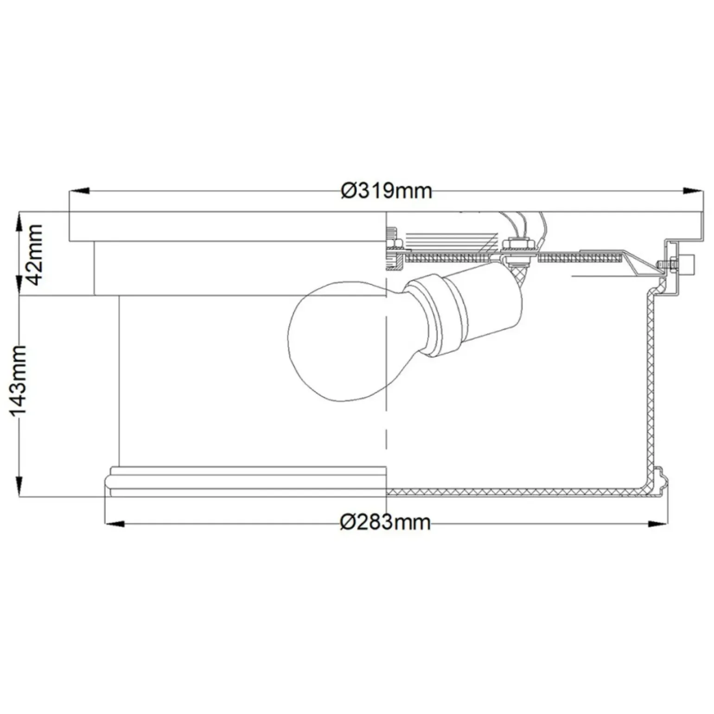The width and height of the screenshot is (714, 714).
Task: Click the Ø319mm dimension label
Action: click(386, 191)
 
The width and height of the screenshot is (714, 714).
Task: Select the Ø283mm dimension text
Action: click(385, 523)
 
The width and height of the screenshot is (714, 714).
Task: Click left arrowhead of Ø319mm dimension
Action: click(79, 191)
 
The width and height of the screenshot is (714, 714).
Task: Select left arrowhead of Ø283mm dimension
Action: click(115, 524)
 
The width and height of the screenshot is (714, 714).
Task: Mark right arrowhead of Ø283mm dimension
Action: click(658, 524)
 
